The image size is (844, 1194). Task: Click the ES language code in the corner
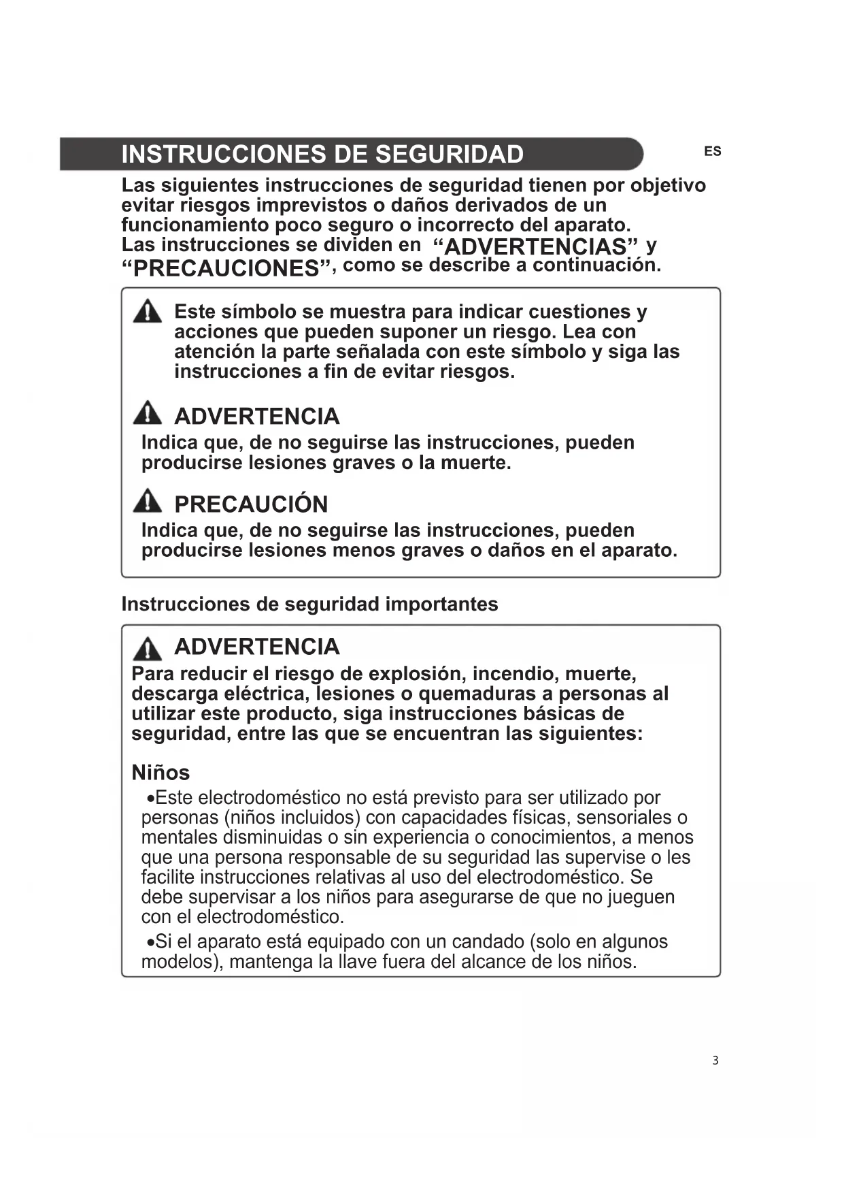coord(712,152)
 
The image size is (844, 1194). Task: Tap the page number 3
coord(715,1060)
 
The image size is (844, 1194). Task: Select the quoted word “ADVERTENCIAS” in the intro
coord(536,246)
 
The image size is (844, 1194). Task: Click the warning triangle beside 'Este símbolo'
coord(148,312)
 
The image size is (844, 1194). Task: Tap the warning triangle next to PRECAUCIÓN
coord(148,502)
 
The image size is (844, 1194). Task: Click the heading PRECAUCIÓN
coord(251,504)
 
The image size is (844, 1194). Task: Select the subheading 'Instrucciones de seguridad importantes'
coord(309,604)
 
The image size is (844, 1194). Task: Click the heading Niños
coord(161,773)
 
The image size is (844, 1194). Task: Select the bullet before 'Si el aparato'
coord(150,943)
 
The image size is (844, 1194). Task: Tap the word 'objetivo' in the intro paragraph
coord(668,185)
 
